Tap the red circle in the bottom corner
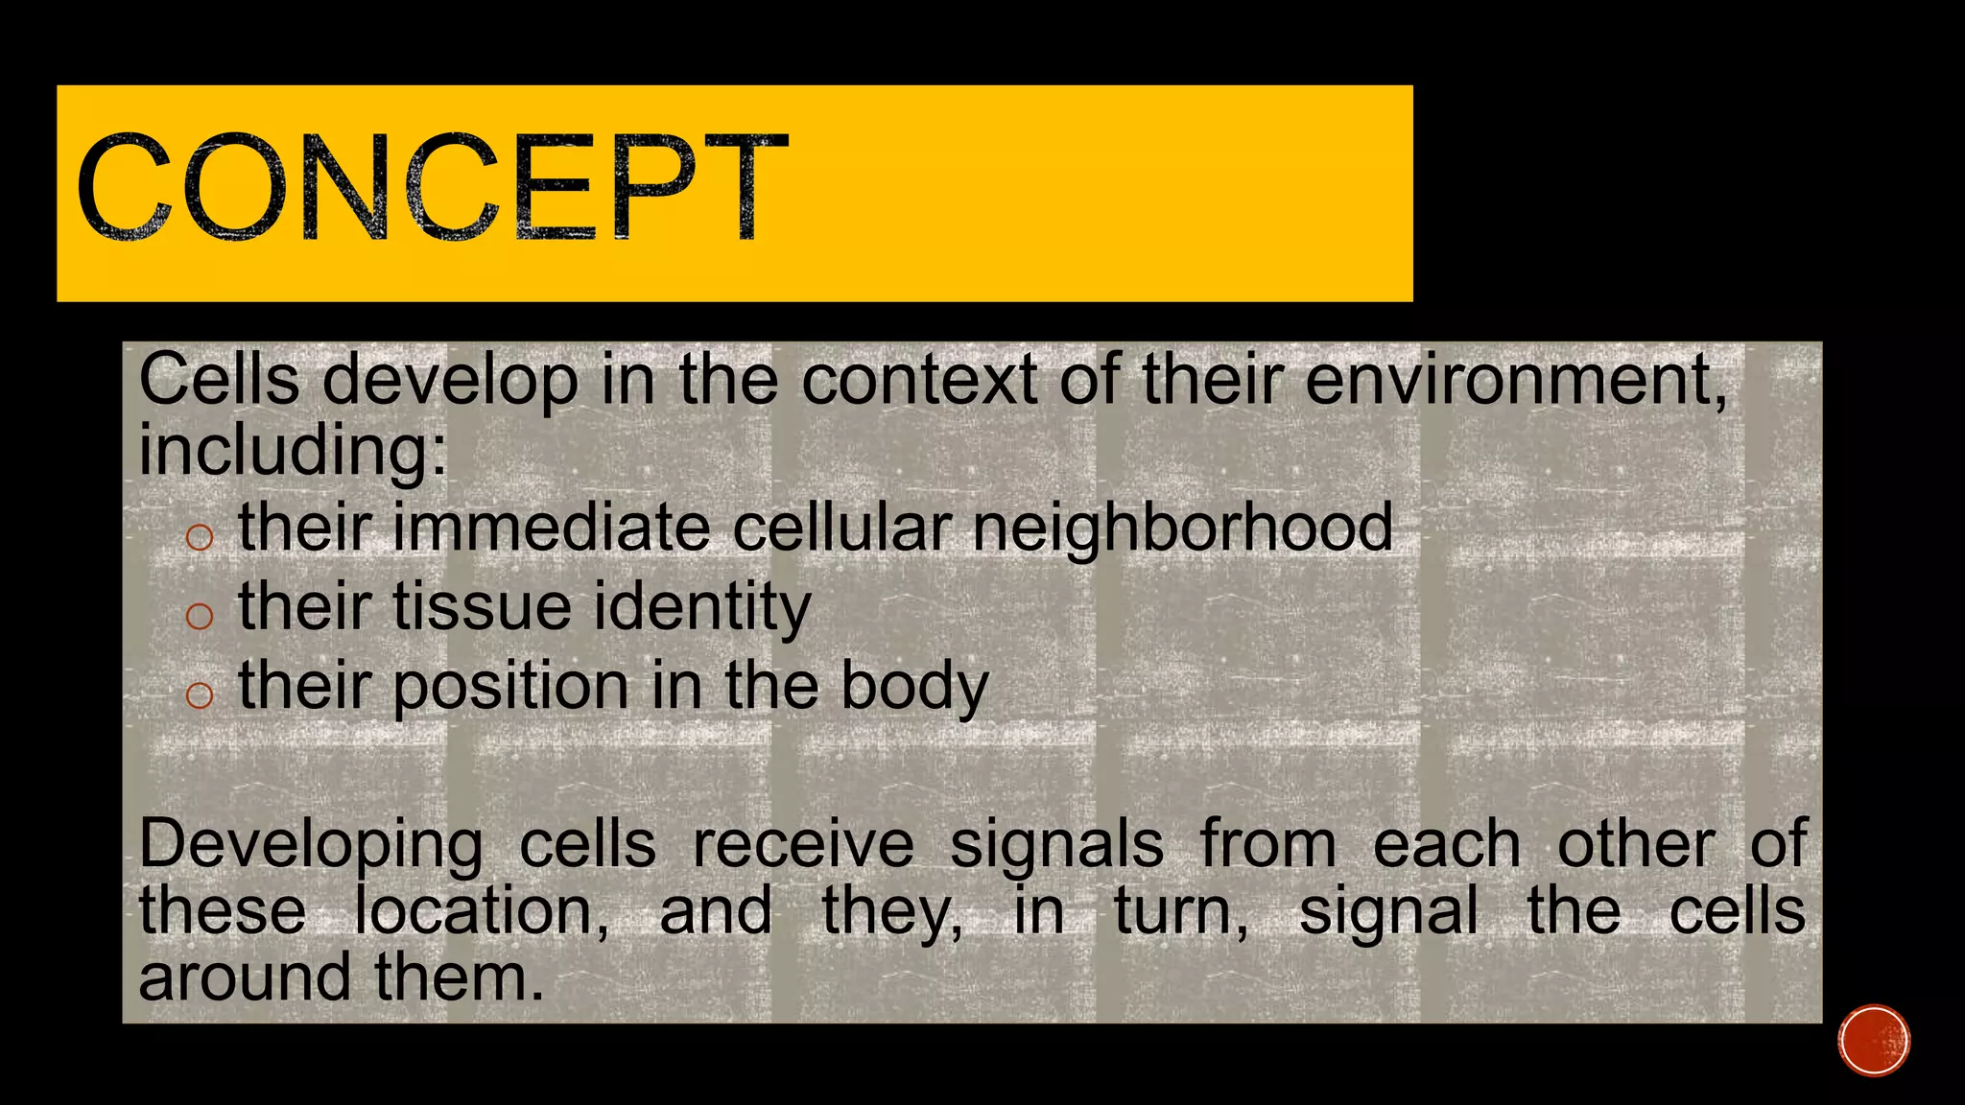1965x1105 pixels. (x=1874, y=1040)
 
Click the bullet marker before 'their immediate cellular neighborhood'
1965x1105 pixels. (x=199, y=536)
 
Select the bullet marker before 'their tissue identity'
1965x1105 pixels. (x=199, y=615)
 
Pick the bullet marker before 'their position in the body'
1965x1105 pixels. (x=199, y=694)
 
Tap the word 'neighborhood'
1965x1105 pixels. (x=1182, y=528)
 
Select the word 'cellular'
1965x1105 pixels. (x=842, y=528)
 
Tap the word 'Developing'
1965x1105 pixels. (x=311, y=846)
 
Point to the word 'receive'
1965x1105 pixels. (x=803, y=844)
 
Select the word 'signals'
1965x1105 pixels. (x=1056, y=846)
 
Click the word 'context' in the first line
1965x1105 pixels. (x=918, y=380)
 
